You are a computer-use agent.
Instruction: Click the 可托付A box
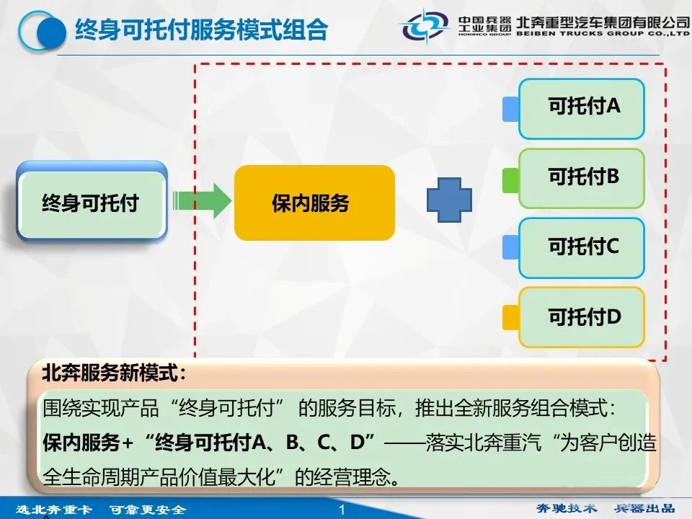[x=582, y=109]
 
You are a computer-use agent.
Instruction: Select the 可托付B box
[x=582, y=178]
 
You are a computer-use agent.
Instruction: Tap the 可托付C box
[x=582, y=248]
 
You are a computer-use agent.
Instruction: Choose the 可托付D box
[x=582, y=317]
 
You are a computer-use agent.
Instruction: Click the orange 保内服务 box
[x=314, y=203]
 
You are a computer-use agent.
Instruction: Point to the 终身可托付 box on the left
[x=92, y=201]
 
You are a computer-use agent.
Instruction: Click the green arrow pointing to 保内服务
[x=202, y=201]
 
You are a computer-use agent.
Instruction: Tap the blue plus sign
[x=449, y=200]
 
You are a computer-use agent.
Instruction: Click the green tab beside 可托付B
[x=510, y=180]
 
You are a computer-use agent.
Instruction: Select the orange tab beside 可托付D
[x=510, y=317]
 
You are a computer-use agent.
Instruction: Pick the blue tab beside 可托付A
[x=510, y=109]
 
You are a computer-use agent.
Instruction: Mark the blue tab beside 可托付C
[x=510, y=247]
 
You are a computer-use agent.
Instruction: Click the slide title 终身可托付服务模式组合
[x=201, y=30]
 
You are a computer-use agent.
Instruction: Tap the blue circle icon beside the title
[x=43, y=31]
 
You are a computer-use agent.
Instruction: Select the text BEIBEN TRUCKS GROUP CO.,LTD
[x=603, y=33]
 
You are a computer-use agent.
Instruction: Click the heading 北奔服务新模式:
[x=114, y=373]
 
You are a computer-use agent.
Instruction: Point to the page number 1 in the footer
[x=342, y=510]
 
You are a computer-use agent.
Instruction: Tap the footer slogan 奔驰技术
[x=567, y=508]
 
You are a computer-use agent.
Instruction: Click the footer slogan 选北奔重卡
[x=54, y=510]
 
